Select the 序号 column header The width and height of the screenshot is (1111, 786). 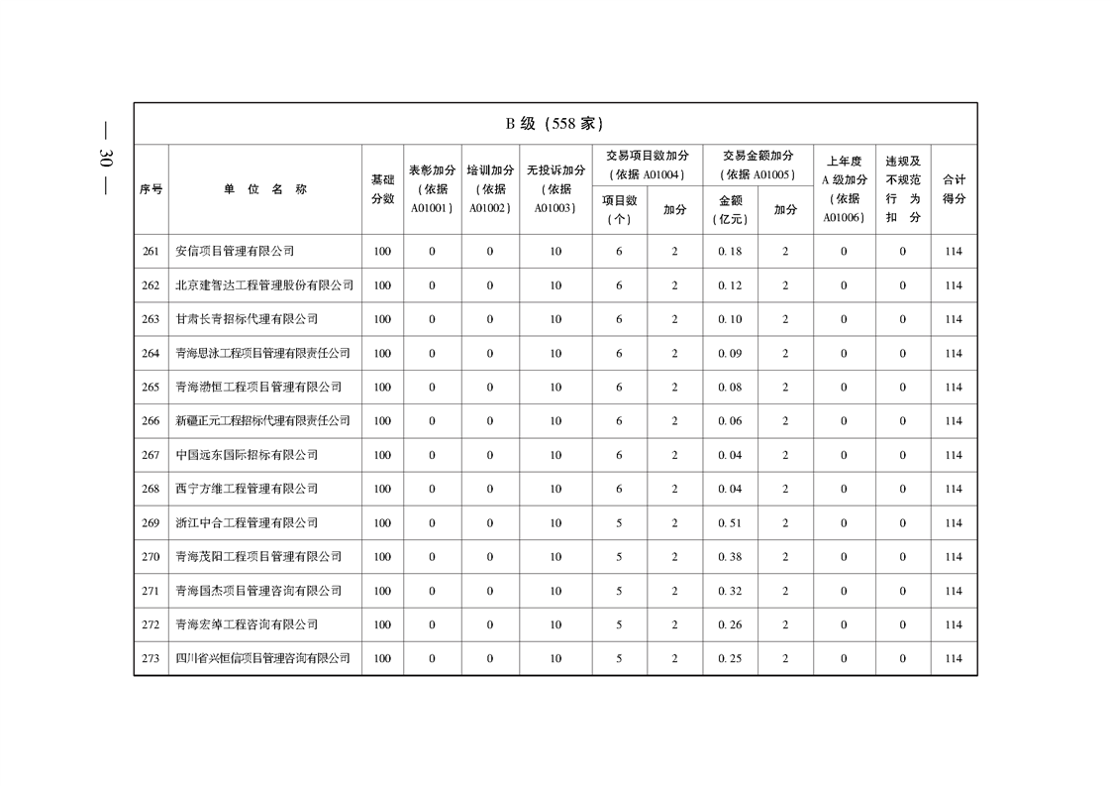point(151,189)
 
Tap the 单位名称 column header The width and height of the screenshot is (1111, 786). point(264,189)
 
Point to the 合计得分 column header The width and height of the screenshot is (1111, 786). point(954,189)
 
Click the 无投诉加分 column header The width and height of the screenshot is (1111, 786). point(555,189)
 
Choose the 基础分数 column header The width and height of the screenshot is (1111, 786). point(382,189)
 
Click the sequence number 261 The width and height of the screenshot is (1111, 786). point(151,252)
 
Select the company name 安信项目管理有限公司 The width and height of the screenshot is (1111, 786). point(235,252)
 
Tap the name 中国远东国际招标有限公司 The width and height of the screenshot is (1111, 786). point(247,455)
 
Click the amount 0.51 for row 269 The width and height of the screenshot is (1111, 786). point(730,523)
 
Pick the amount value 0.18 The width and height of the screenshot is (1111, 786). point(730,252)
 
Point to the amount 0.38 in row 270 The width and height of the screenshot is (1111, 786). point(730,557)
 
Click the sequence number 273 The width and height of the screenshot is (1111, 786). point(151,659)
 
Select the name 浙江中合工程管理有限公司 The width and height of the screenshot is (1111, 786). point(247,523)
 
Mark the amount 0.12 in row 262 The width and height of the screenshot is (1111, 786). point(730,285)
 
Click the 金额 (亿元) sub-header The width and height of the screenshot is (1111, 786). point(730,210)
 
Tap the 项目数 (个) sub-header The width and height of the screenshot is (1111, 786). point(619,210)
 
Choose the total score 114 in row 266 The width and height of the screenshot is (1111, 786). point(954,421)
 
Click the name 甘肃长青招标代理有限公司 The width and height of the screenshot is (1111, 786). point(247,319)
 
